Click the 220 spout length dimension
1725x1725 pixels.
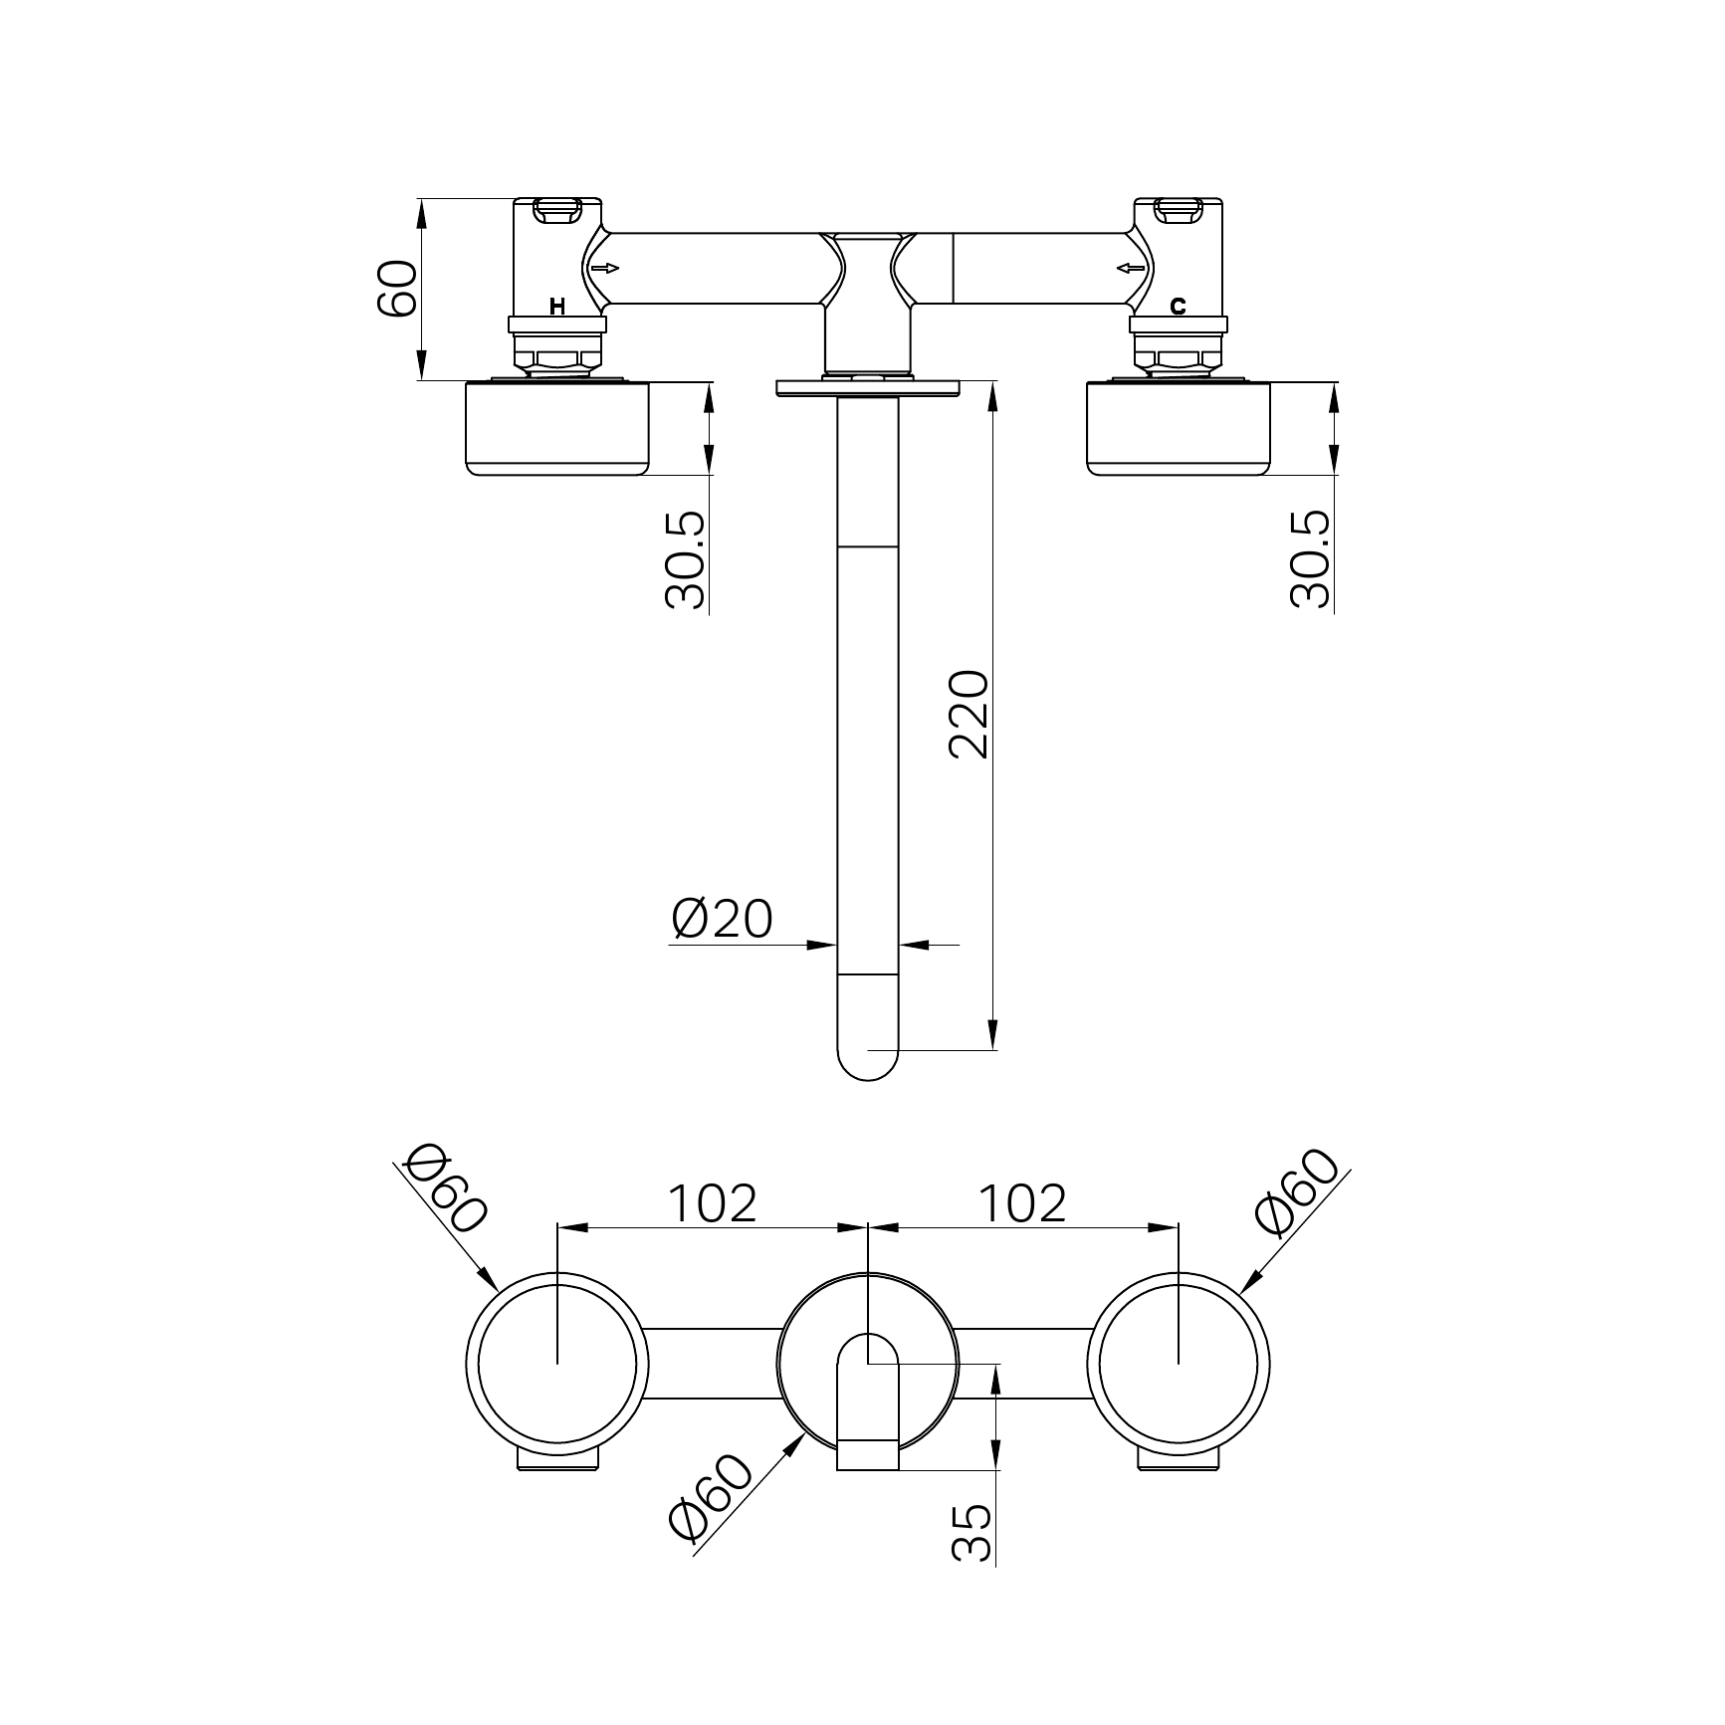tap(970, 715)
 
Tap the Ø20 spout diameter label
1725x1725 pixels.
tap(722, 918)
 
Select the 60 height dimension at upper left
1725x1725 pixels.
tap(398, 288)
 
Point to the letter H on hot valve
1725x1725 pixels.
tap(557, 307)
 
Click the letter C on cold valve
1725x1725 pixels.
tap(1178, 307)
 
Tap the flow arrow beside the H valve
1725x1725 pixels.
tap(604, 268)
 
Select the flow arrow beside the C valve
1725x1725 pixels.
tap(1131, 268)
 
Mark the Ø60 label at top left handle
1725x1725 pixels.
tap(448, 1186)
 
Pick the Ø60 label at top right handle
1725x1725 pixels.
tap(1297, 1191)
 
